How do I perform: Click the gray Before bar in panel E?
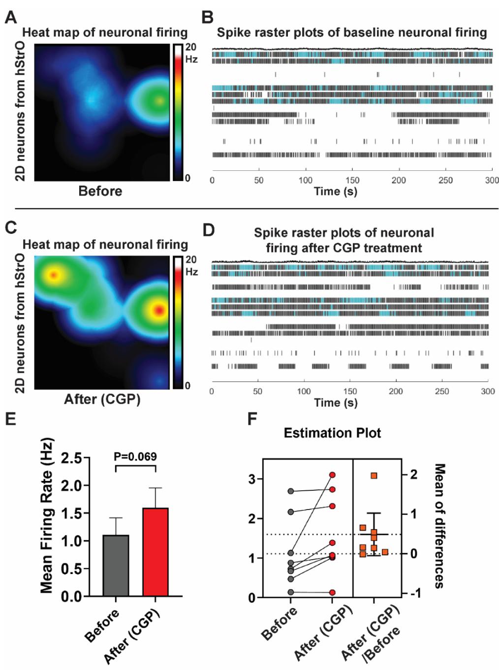click(116, 566)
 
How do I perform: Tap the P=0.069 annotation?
click(135, 457)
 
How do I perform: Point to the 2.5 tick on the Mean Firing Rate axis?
click(71, 459)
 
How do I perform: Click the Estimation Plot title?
click(332, 433)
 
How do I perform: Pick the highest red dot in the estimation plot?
click(333, 475)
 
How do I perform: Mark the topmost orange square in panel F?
click(374, 476)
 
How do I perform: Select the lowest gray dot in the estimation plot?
click(291, 592)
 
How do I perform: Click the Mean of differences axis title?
click(439, 526)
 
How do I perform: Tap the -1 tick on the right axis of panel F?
click(412, 593)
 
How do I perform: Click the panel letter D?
click(209, 230)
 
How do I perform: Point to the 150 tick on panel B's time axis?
click(352, 180)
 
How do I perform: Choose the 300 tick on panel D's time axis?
click(488, 391)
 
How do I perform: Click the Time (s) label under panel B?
click(336, 191)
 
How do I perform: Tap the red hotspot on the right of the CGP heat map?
click(158, 310)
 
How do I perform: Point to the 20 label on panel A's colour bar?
click(190, 47)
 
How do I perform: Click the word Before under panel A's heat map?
click(100, 191)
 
